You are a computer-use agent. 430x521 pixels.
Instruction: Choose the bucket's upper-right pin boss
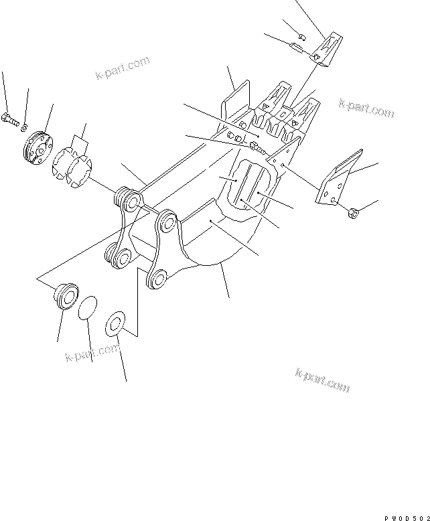click(x=167, y=220)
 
